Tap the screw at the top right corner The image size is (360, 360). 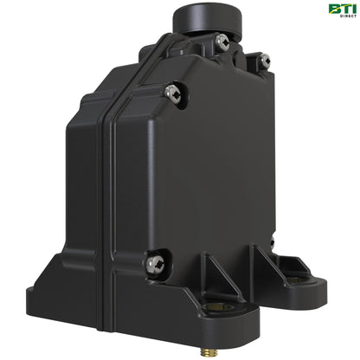(264, 61)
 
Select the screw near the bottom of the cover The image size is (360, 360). (155, 262)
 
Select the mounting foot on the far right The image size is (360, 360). (307, 281)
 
